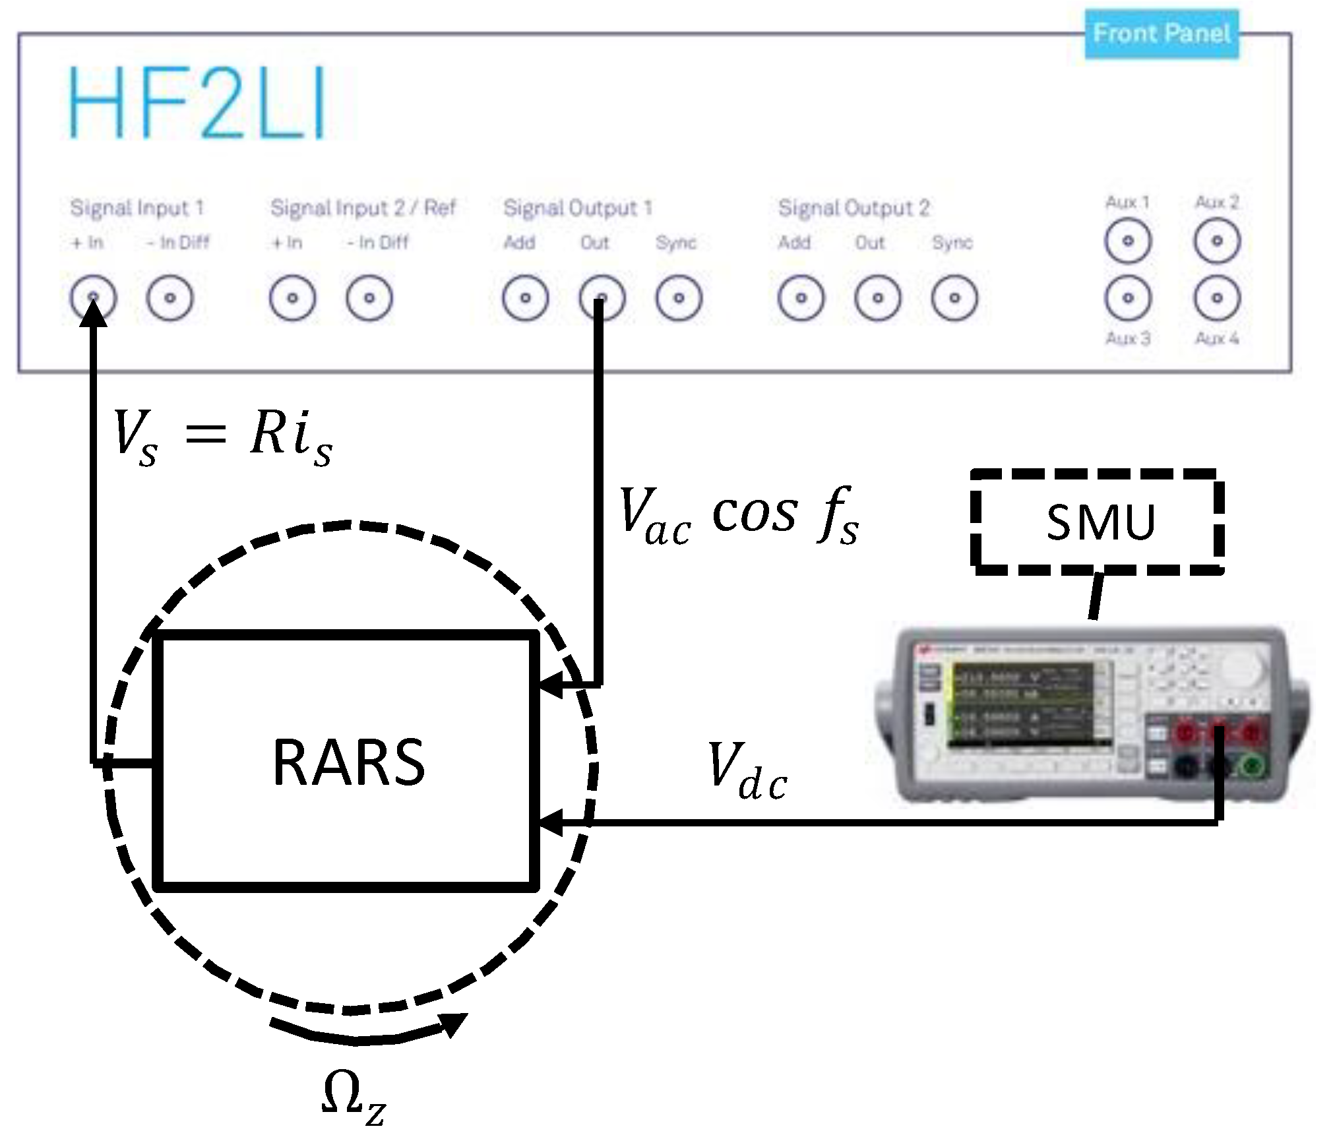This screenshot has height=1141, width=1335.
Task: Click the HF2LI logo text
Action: [x=198, y=102]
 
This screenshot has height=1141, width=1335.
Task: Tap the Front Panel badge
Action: [x=1162, y=34]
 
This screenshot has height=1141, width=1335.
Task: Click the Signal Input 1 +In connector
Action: [x=93, y=298]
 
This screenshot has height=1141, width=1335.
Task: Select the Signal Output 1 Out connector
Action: [x=602, y=298]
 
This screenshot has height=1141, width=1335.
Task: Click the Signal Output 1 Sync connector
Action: [x=679, y=298]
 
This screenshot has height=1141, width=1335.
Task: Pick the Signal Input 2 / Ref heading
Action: [x=363, y=208]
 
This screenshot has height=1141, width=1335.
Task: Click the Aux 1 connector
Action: [x=1128, y=241]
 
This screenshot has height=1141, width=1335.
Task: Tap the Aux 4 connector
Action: [x=1217, y=298]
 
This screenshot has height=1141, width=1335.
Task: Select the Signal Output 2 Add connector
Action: [x=801, y=298]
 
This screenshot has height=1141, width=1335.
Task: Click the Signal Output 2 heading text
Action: [x=854, y=208]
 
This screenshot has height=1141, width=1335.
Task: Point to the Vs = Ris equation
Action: [x=223, y=437]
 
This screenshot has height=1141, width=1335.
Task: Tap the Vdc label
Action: [x=747, y=770]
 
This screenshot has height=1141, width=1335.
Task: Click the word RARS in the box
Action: [x=348, y=763]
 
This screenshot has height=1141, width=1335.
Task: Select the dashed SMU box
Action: [x=1099, y=522]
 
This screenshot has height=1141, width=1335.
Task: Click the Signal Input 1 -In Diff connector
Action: [x=170, y=298]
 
